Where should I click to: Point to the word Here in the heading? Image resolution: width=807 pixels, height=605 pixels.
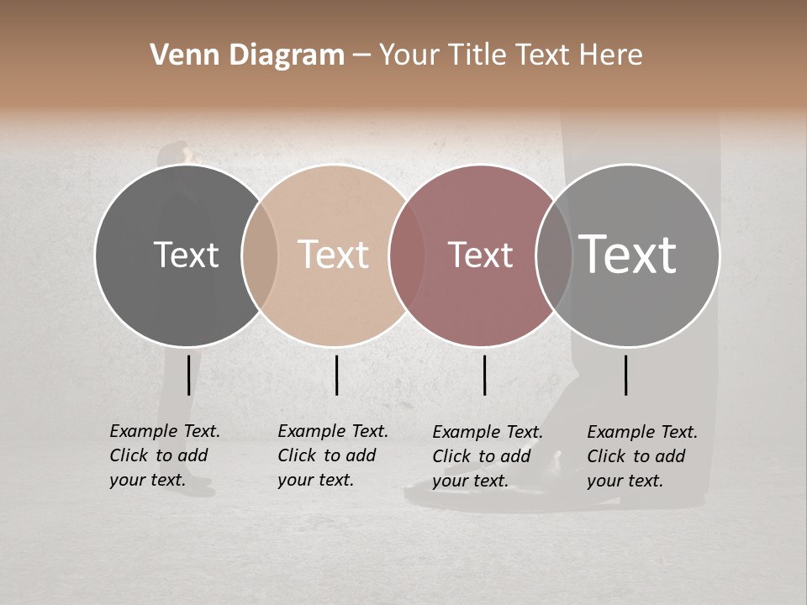(612, 55)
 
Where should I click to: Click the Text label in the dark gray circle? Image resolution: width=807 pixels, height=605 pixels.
(186, 255)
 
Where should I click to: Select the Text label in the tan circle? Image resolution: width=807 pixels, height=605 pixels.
(333, 255)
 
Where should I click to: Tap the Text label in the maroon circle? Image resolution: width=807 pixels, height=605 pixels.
(480, 255)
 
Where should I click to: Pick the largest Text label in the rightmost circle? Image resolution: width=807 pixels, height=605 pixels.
(627, 255)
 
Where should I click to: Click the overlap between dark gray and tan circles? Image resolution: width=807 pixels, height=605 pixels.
(260, 255)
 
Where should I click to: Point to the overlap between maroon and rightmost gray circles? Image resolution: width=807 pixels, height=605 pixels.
(553, 255)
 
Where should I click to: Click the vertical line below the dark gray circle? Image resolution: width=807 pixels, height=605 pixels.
(188, 375)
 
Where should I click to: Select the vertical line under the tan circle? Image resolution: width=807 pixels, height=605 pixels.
(336, 375)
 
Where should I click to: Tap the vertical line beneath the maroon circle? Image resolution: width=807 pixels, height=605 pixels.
(484, 375)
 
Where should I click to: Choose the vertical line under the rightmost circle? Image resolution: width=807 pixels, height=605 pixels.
(625, 375)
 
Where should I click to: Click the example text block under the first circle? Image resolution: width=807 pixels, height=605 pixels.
(165, 455)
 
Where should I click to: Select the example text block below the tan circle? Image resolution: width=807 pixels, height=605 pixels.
(333, 455)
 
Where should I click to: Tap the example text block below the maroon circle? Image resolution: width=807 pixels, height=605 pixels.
(488, 456)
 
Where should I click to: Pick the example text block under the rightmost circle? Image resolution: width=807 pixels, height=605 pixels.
(642, 456)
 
